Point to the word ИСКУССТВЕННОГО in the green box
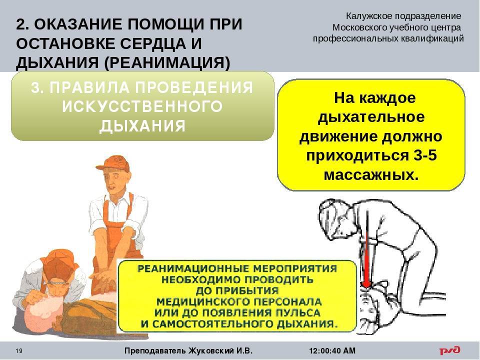click(142, 107)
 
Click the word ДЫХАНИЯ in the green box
click(142, 126)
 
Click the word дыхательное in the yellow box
click(371, 117)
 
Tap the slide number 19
click(18, 351)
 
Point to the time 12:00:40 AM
click(332, 350)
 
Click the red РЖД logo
click(449, 350)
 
